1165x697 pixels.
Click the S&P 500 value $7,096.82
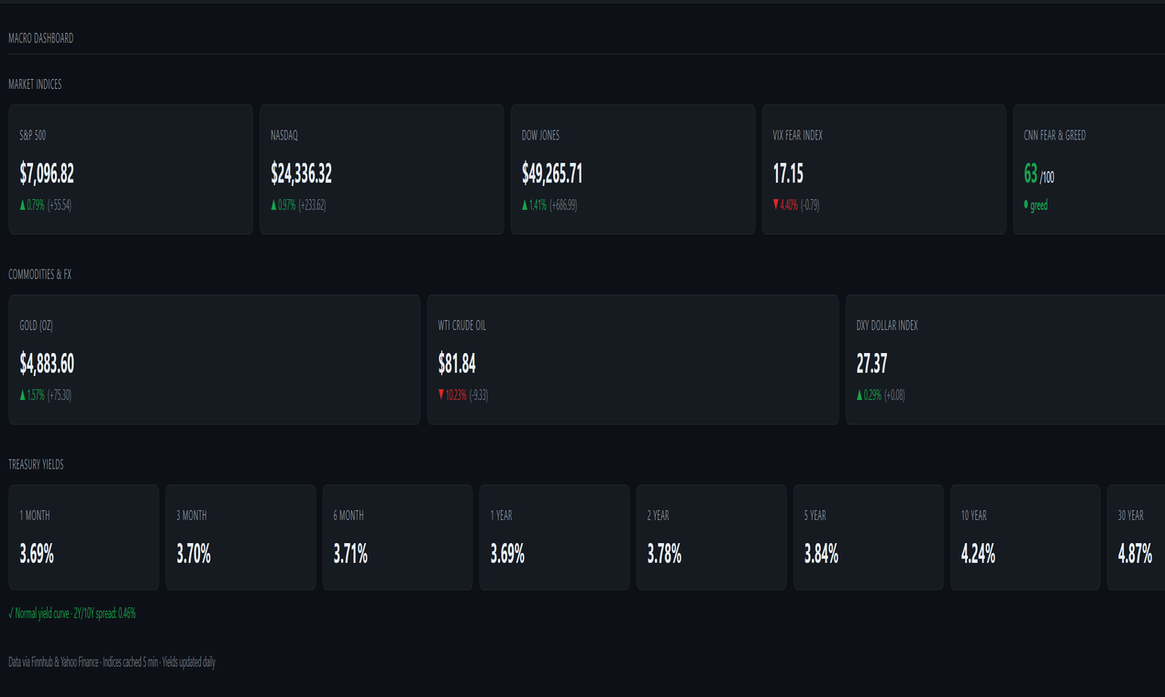coord(47,173)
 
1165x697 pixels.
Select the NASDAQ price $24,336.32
coord(301,173)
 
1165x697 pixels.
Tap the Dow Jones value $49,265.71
coord(552,173)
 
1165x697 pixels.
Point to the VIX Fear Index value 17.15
coord(788,173)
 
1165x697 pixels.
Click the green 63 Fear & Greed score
coord(1030,173)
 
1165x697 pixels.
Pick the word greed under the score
coord(1038,205)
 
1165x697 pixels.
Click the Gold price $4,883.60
coord(47,364)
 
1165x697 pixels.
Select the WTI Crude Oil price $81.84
coord(457,364)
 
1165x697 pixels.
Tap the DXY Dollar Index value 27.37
coord(871,364)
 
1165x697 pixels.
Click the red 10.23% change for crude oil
coord(453,395)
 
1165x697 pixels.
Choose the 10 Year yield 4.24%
coord(978,554)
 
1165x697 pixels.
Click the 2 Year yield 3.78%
coord(664,554)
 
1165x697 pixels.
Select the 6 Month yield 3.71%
coord(350,554)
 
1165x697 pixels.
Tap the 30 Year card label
coord(1130,515)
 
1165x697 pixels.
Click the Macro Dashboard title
coord(40,39)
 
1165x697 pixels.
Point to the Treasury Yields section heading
coord(36,465)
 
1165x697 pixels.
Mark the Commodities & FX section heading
coord(39,274)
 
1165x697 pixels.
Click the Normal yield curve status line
coord(72,614)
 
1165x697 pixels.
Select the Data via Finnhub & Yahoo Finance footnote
coord(112,662)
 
